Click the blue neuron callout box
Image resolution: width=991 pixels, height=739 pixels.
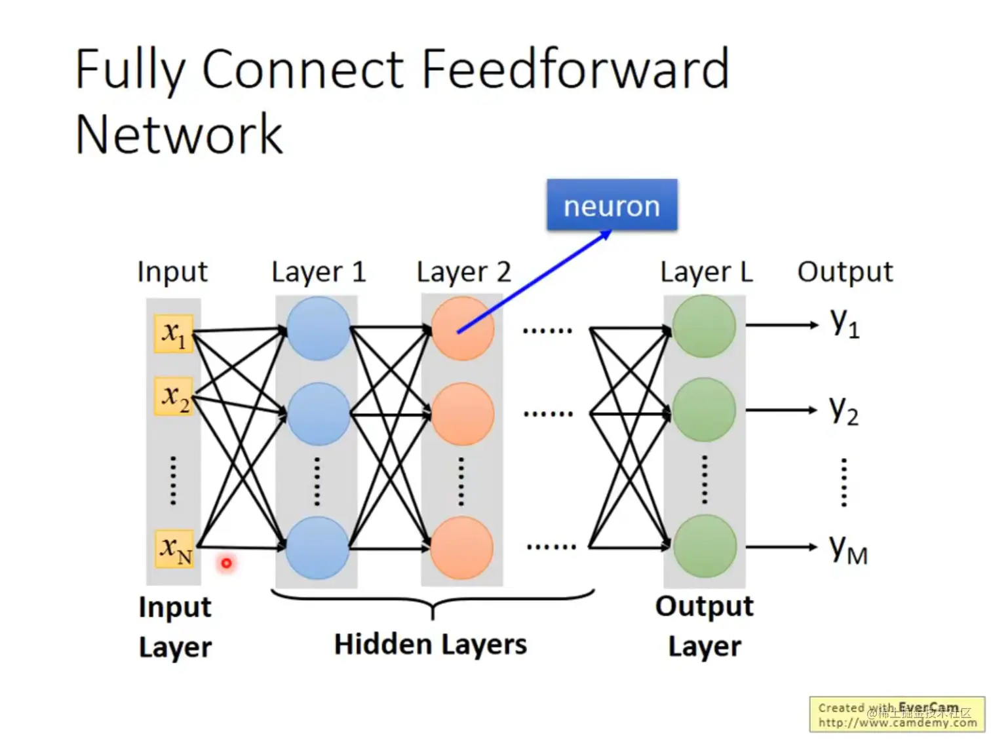tap(612, 205)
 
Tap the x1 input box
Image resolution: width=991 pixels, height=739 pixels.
tap(174, 334)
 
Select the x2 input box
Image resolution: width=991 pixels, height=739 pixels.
tap(174, 396)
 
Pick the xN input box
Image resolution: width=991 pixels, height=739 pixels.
tap(175, 548)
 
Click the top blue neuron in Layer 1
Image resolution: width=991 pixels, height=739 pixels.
tap(318, 328)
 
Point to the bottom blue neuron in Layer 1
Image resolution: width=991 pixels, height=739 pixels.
tap(317, 548)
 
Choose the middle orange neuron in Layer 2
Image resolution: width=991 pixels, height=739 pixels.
tap(462, 414)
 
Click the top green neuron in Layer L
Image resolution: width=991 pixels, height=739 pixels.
tap(705, 326)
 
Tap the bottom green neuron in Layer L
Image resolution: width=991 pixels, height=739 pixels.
tap(705, 546)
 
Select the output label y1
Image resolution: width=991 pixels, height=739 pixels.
tap(844, 324)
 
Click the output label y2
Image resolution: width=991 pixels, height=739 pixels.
tap(844, 411)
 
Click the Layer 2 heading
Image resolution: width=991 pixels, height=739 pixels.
tap(463, 272)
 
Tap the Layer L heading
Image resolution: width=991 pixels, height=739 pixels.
tap(706, 272)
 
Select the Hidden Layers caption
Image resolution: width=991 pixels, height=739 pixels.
tap(430, 645)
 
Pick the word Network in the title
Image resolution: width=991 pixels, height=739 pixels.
tap(179, 134)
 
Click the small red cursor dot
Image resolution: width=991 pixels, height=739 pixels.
tap(226, 563)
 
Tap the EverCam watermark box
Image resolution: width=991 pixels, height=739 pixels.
tap(897, 715)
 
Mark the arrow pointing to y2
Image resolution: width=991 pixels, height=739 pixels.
tap(781, 410)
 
